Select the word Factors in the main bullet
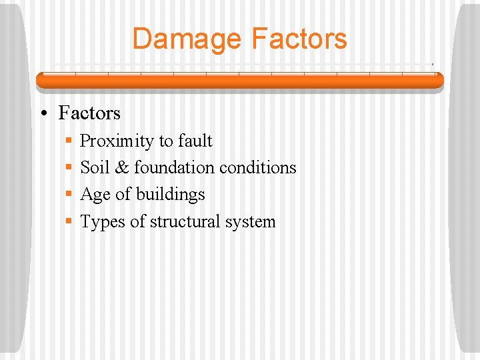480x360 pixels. [x=89, y=113]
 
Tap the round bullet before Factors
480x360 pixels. [x=43, y=113]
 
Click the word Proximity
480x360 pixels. [x=117, y=141]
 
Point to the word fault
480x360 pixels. [x=195, y=141]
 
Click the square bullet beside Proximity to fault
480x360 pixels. [x=69, y=141]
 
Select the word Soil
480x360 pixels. [x=95, y=168]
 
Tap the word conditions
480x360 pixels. [x=257, y=168]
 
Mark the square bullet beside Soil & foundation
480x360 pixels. [x=69, y=168]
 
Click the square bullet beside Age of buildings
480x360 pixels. [x=69, y=195]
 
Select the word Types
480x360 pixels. [x=102, y=222]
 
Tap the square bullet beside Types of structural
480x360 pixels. [x=69, y=222]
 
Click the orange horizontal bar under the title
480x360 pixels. [x=239, y=80]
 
